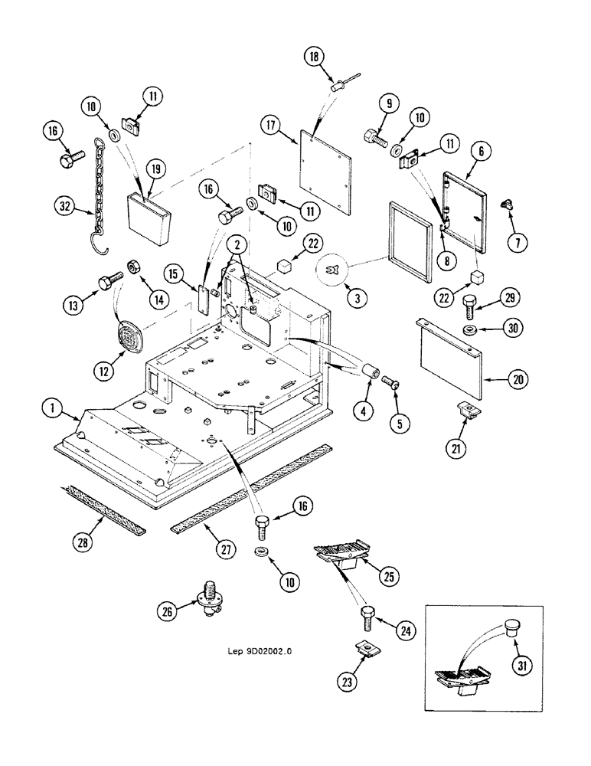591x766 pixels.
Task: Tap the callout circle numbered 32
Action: pyautogui.click(x=65, y=205)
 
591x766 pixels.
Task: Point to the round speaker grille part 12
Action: pyautogui.click(x=128, y=335)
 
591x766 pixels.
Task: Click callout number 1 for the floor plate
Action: pyautogui.click(x=51, y=411)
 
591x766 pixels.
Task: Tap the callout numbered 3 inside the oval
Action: pyautogui.click(x=354, y=298)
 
